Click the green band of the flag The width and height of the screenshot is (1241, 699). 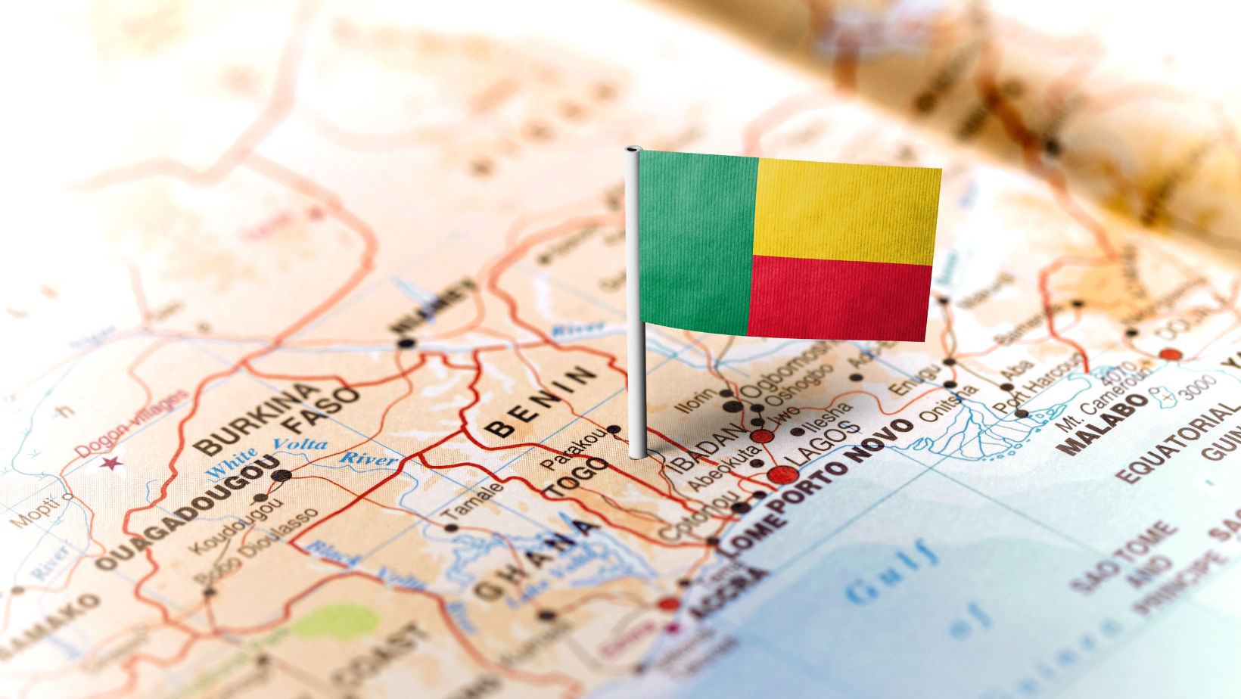point(696,242)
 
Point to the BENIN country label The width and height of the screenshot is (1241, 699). point(540,402)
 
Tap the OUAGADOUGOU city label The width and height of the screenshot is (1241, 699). point(188,514)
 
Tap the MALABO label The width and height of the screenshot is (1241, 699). point(1106,424)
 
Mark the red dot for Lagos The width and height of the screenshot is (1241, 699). point(782,475)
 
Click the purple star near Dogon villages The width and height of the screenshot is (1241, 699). point(111,462)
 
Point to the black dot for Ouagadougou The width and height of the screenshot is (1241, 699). point(281,476)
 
